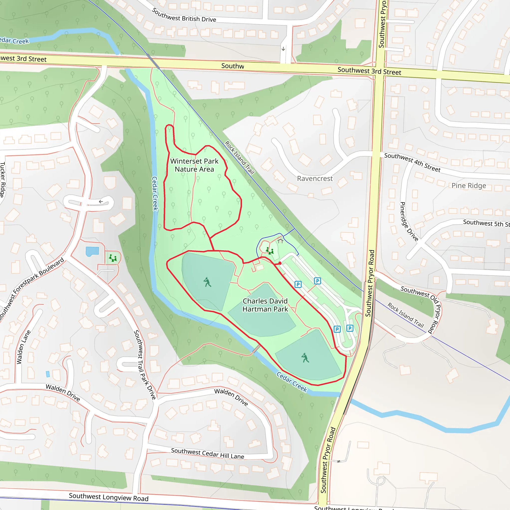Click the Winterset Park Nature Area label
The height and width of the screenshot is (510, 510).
coord(194,165)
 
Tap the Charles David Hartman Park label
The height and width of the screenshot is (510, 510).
coord(265,305)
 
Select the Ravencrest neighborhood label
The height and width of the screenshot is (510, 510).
coord(315,179)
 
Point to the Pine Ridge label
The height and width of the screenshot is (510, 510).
coord(469,186)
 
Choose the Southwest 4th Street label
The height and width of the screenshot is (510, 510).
coord(412,162)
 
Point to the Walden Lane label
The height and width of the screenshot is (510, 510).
coord(23,347)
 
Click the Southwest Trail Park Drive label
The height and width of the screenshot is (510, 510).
coord(144,365)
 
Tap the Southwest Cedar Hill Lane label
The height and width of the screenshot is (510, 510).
coord(207,453)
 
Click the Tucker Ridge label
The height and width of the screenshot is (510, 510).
coord(2,180)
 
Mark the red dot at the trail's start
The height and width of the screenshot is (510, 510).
coord(280,263)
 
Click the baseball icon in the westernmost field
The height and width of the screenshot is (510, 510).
coord(207,282)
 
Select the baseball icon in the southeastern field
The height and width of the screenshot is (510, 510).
coord(305,358)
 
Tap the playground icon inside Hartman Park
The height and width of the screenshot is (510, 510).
coord(269,251)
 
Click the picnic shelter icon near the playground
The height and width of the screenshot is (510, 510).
coord(280,241)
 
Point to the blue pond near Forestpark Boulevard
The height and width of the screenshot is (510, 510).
coord(92,251)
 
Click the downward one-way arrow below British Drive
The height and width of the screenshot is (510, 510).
coord(283,49)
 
